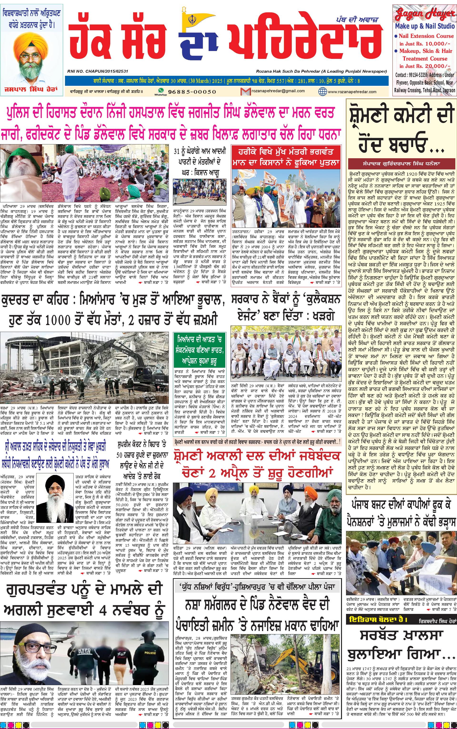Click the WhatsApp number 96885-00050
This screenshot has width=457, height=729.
pos(192,91)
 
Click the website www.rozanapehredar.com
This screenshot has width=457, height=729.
pos(352,92)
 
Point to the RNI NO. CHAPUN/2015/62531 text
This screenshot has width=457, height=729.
pos(98,71)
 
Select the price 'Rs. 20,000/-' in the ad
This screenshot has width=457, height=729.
pos(432,66)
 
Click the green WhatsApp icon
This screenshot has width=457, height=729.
pos(161,90)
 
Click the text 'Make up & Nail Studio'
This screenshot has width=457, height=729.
pos(424,26)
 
